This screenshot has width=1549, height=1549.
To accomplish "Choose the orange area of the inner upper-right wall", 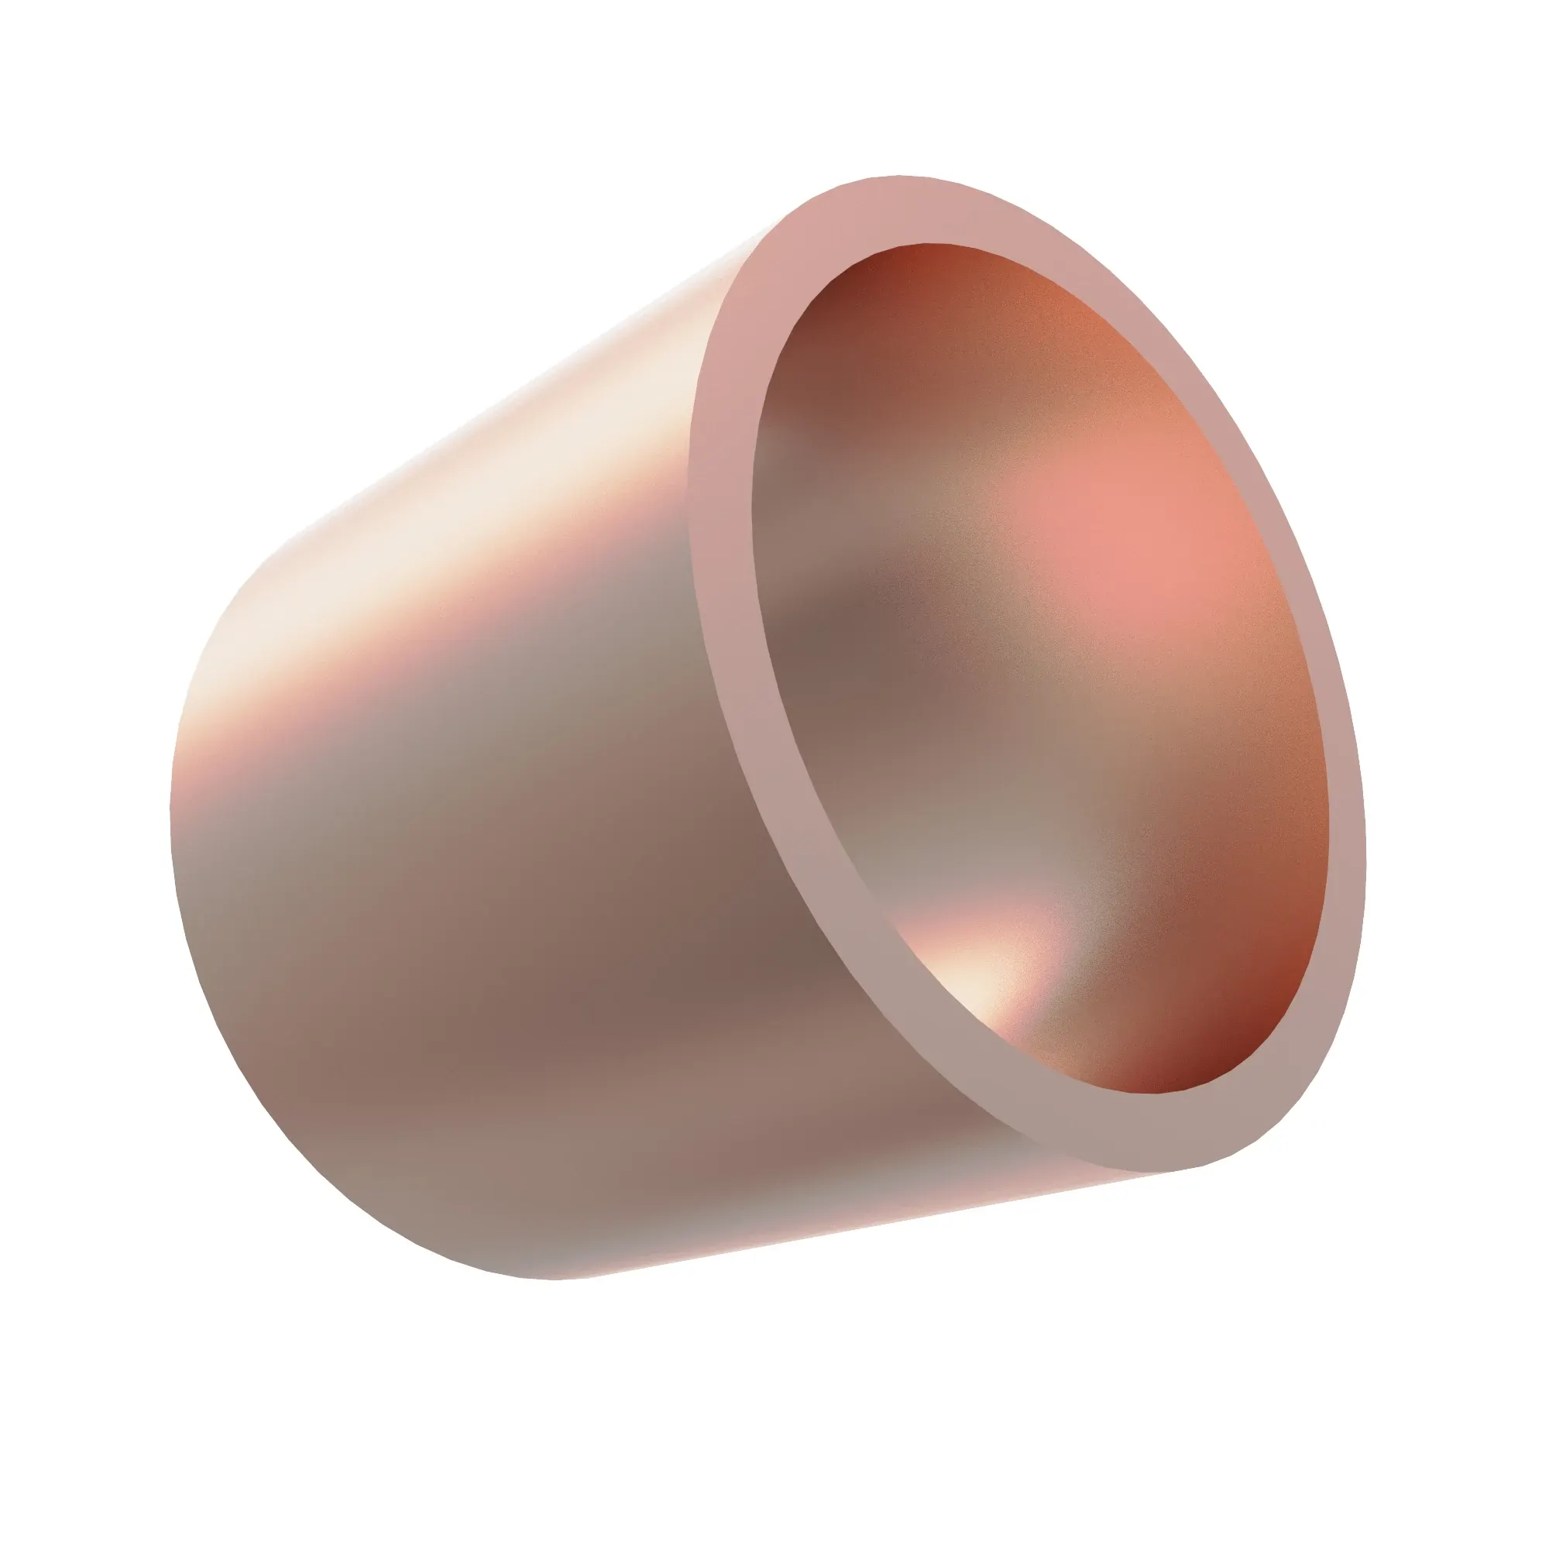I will (x=1083, y=337).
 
